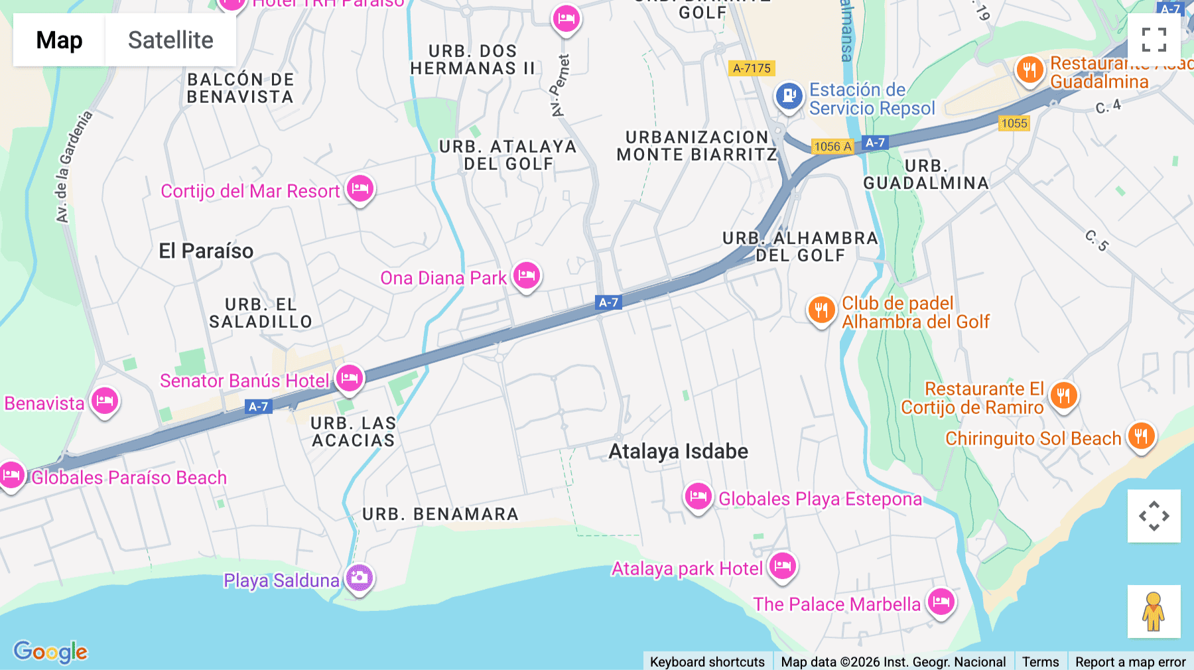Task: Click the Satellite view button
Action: (x=170, y=40)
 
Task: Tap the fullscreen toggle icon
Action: (x=1154, y=40)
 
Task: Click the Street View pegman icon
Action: (x=1154, y=611)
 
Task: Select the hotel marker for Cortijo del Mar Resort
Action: (x=360, y=189)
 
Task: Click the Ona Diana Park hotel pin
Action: (x=527, y=275)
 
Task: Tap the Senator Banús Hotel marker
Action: (x=350, y=379)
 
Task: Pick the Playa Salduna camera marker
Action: (x=360, y=578)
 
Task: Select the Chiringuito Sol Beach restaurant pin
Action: (x=1141, y=436)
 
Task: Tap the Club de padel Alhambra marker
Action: (x=821, y=310)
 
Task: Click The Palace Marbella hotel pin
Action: (x=941, y=602)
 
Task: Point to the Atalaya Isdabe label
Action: (x=678, y=452)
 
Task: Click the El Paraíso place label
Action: (x=206, y=251)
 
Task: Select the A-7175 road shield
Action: (x=752, y=68)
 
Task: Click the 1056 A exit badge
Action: (x=832, y=147)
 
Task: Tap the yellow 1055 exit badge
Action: (x=1014, y=123)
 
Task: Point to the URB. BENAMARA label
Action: (x=440, y=514)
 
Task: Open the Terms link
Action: (x=1040, y=661)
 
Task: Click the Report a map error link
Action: (x=1130, y=661)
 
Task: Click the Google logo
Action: (x=50, y=652)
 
